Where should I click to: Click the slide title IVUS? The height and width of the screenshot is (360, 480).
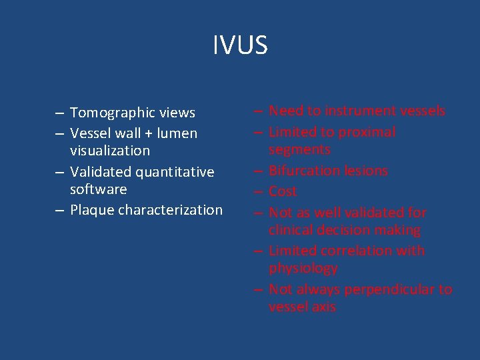click(x=240, y=45)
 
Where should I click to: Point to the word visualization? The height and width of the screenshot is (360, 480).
click(x=110, y=151)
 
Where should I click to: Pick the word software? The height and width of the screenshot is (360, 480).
click(x=98, y=189)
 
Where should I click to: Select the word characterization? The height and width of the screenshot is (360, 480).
click(x=170, y=210)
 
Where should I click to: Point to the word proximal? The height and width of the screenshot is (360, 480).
click(x=367, y=132)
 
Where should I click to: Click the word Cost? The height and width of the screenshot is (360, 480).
click(x=283, y=191)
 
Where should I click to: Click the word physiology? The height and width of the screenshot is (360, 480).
click(x=303, y=268)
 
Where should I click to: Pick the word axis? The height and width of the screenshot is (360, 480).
click(x=322, y=307)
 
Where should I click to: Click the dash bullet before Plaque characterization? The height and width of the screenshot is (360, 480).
click(x=60, y=210)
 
